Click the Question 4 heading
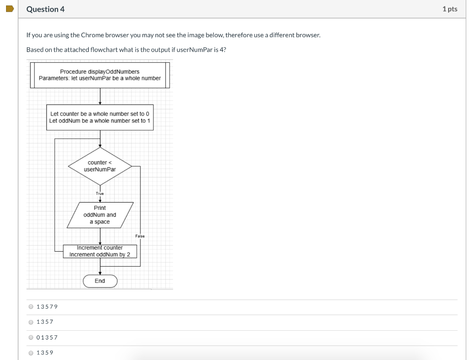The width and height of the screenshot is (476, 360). click(46, 9)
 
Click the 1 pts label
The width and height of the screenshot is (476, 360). click(450, 9)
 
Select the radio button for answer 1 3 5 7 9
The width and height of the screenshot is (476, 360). click(31, 307)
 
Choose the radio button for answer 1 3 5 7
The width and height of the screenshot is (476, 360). click(31, 322)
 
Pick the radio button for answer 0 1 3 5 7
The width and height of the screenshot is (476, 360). click(31, 337)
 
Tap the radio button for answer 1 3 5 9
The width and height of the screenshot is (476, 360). click(31, 353)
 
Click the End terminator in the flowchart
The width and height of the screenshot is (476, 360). click(100, 281)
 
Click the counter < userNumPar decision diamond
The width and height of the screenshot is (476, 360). click(100, 166)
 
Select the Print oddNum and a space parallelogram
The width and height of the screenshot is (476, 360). click(100, 215)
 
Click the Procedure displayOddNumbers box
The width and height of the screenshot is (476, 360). click(99, 75)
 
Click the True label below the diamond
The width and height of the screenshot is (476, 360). click(100, 193)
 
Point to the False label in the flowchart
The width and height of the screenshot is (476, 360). click(140, 236)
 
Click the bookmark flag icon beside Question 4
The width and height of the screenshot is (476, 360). click(9, 9)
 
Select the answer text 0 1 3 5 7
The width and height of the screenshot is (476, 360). click(47, 337)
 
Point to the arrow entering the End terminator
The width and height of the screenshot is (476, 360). click(100, 272)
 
